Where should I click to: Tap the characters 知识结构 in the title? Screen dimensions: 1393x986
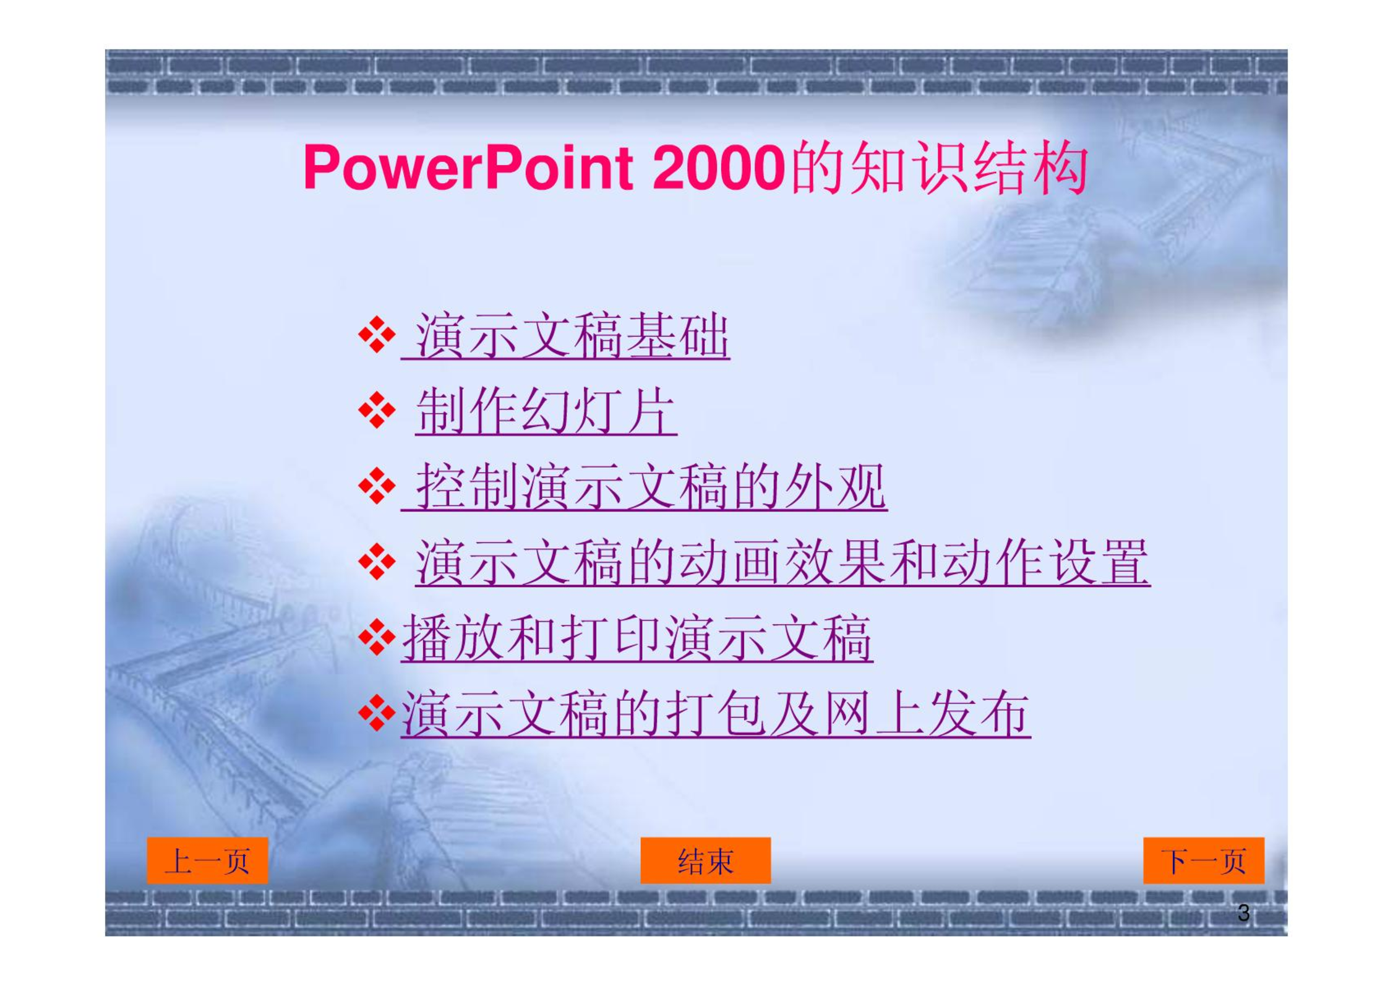(970, 168)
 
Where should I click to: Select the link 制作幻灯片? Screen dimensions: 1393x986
(546, 411)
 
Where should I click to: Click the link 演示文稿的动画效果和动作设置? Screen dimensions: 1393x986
(782, 562)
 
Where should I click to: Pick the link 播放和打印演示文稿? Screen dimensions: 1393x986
(637, 638)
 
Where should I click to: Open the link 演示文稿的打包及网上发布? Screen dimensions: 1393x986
(716, 714)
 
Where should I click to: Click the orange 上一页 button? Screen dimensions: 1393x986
(207, 860)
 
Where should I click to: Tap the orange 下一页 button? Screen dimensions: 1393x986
(1204, 860)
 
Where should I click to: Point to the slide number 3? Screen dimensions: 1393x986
(1243, 913)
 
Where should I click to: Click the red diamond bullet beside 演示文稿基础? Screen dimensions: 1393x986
(377, 335)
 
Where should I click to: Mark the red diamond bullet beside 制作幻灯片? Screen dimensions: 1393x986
(377, 410)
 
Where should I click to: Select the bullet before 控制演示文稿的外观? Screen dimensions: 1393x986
(377, 486)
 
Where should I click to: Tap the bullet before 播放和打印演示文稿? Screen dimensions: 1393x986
(377, 638)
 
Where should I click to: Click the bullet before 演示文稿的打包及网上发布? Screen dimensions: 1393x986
(377, 713)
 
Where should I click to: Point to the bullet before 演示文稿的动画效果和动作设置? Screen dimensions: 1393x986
(377, 562)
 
